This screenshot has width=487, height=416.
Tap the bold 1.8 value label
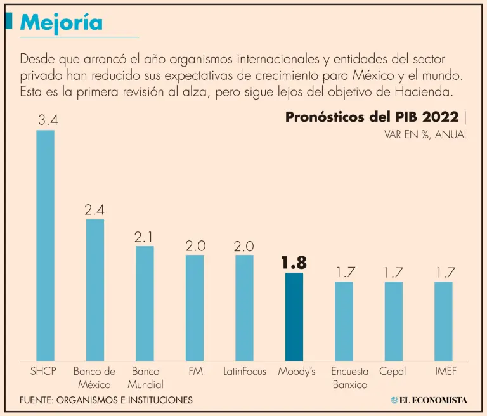coord(294,262)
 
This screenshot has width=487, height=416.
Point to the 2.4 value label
coord(94,209)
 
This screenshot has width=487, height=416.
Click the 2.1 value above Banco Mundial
coord(145,237)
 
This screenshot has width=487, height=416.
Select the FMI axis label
coord(197,371)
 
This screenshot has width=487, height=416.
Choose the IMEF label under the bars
coord(445,371)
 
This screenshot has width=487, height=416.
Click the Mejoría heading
coord(61,22)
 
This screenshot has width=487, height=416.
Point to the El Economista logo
coord(429,400)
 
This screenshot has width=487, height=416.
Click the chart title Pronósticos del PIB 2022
coord(372,117)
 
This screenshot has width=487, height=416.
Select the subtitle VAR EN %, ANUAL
coord(425,134)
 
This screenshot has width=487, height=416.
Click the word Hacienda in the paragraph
coord(428,92)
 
